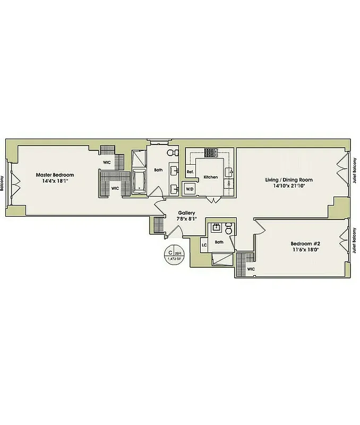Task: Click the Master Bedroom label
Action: (x=55, y=175)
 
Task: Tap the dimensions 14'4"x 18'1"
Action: (x=55, y=181)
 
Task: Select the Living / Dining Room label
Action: (x=289, y=180)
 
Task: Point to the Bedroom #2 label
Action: (x=305, y=244)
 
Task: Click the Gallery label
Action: (x=186, y=212)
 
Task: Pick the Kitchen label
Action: (x=210, y=177)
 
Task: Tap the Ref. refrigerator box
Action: (x=190, y=172)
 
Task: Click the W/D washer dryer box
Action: (x=190, y=188)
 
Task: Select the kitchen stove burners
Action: (x=211, y=153)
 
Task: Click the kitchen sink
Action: (x=230, y=171)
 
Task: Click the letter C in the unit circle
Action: (x=170, y=252)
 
